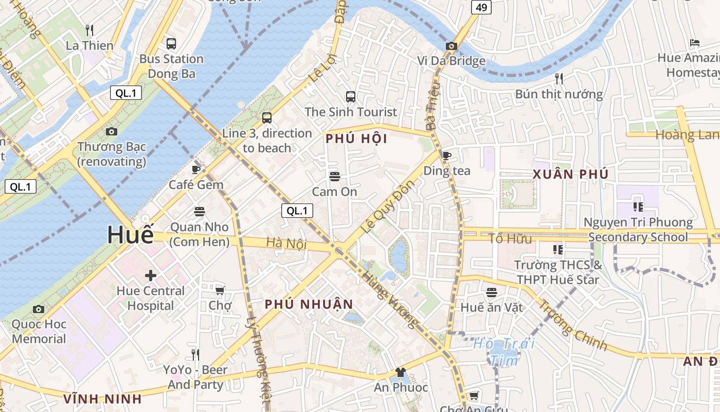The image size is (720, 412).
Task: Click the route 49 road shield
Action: tap(481, 7)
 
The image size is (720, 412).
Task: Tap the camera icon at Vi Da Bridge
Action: tap(451, 46)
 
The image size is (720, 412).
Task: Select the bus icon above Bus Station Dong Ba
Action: tap(171, 44)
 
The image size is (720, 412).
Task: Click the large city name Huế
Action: tap(130, 235)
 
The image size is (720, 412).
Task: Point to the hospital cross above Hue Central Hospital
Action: tap(150, 276)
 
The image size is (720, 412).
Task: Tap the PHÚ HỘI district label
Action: tap(356, 139)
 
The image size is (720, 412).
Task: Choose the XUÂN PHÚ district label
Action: tap(570, 174)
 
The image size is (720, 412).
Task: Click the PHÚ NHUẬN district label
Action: tap(309, 304)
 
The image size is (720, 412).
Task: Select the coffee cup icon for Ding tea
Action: tap(447, 156)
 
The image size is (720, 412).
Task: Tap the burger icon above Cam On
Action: tap(335, 177)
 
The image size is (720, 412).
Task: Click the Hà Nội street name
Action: tap(286, 244)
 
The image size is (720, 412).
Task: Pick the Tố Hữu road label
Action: tap(502, 238)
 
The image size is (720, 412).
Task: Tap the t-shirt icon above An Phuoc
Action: tap(401, 372)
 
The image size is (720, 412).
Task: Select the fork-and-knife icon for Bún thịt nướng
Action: tap(559, 79)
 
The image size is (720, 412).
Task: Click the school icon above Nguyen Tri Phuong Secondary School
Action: tap(638, 207)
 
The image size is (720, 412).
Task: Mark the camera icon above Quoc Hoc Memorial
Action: tap(39, 309)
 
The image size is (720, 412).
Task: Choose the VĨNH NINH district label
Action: tap(102, 399)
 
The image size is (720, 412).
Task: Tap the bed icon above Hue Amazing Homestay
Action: tap(695, 43)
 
